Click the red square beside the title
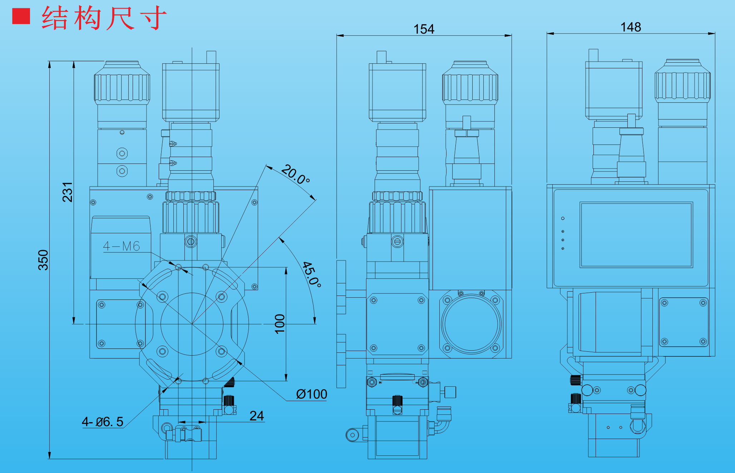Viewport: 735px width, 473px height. pyautogui.click(x=21, y=16)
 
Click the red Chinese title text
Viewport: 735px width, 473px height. pyautogui.click(x=104, y=18)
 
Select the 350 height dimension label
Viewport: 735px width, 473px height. pyautogui.click(x=43, y=260)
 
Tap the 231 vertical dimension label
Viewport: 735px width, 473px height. pyautogui.click(x=68, y=192)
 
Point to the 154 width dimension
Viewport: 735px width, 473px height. pyautogui.click(x=424, y=29)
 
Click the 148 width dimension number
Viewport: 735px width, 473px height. pyautogui.click(x=631, y=27)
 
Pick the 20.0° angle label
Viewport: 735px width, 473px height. pyautogui.click(x=295, y=174)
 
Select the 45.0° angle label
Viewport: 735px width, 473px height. pyautogui.click(x=311, y=274)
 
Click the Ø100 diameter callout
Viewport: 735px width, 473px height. pyautogui.click(x=311, y=394)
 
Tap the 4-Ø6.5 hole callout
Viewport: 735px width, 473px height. pyautogui.click(x=103, y=421)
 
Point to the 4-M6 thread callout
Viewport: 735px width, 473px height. pyautogui.click(x=121, y=246)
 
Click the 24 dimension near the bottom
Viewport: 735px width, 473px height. pyautogui.click(x=257, y=415)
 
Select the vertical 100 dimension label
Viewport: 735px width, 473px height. pyautogui.click(x=280, y=324)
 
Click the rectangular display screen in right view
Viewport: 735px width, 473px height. pyautogui.click(x=636, y=235)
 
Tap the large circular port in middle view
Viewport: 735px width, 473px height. pyautogui.click(x=471, y=324)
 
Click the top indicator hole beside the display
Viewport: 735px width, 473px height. pyautogui.click(x=563, y=218)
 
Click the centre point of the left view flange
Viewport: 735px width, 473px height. pyautogui.click(x=192, y=324)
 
